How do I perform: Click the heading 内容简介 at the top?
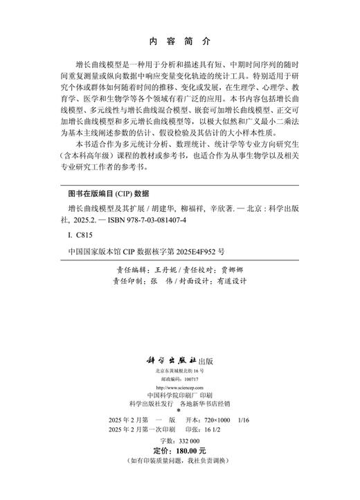tap(179, 41)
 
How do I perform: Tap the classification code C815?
tap(78, 235)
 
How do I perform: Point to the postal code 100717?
tap(192, 380)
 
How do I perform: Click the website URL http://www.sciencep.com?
tap(179, 389)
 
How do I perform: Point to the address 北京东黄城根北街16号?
tap(180, 372)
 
